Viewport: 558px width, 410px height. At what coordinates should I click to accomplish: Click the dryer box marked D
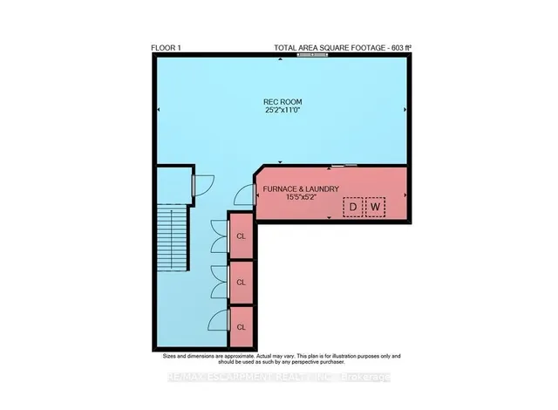coord(352,208)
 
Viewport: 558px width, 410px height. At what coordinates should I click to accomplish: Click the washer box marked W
coord(375,208)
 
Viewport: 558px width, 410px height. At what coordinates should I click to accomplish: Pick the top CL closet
coord(242,236)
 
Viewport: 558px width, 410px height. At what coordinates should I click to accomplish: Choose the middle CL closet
coord(242,282)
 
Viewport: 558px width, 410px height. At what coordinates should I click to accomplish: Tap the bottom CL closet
coord(242,327)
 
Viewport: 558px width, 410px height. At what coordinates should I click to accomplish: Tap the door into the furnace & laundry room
coord(246,195)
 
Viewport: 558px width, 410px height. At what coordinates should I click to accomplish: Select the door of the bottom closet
coord(221,322)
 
